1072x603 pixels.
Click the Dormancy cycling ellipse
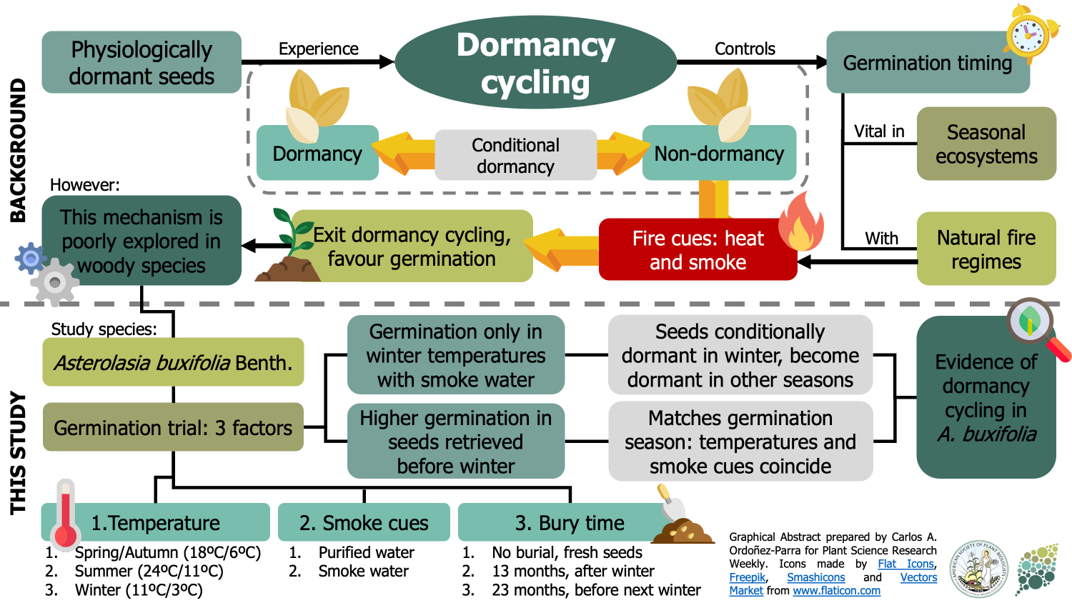[535, 63]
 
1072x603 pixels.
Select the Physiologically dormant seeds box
[142, 62]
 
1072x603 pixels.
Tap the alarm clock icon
[1031, 33]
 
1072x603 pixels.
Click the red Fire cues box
[698, 250]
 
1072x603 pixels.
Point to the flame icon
[801, 223]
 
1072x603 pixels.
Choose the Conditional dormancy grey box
[515, 155]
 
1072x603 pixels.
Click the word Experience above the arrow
[318, 49]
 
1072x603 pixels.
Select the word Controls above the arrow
[745, 49]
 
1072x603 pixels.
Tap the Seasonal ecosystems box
[986, 144]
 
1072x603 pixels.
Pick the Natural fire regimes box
[986, 249]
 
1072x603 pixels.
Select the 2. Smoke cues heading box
[364, 522]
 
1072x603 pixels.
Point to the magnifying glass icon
[1034, 325]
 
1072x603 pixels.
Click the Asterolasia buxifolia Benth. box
[173, 362]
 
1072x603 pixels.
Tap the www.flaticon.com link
[836, 591]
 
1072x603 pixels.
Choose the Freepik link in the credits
[747, 577]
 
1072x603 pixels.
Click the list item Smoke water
[363, 572]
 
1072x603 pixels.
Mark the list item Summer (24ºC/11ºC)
[149, 572]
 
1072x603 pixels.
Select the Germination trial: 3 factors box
[173, 427]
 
